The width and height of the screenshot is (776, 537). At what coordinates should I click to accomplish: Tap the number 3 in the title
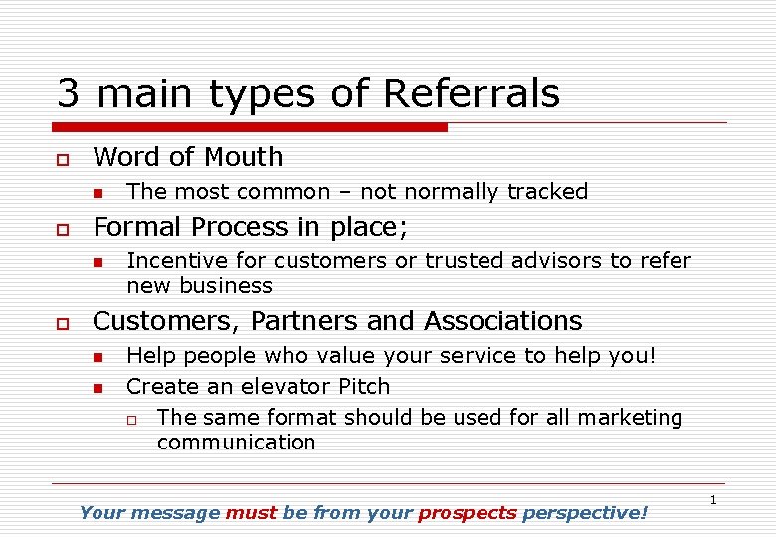68,94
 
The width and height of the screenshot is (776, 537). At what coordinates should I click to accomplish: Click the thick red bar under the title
249,127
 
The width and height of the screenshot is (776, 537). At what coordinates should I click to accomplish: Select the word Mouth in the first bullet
245,157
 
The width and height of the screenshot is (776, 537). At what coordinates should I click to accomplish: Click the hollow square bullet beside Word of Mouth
62,159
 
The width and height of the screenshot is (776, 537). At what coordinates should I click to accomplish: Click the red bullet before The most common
97,193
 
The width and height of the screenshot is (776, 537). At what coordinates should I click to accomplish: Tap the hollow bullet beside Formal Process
62,229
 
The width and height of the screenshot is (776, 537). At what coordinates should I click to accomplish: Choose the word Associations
502,322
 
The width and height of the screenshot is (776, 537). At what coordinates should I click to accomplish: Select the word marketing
629,418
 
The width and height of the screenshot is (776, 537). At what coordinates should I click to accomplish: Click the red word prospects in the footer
468,513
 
